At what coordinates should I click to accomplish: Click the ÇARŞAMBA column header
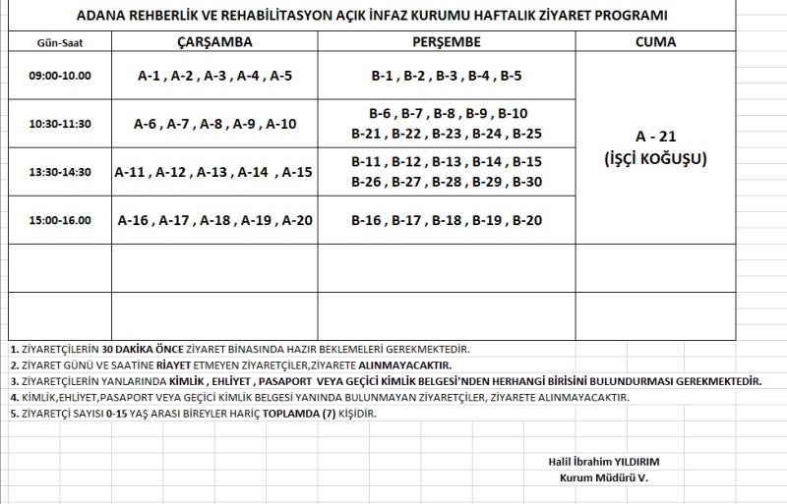[214, 42]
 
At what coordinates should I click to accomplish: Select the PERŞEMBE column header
[446, 42]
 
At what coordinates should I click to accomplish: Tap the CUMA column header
[655, 42]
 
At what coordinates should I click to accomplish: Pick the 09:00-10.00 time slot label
[59, 76]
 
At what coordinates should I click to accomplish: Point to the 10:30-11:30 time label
[59, 124]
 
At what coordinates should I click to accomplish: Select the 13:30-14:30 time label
[59, 172]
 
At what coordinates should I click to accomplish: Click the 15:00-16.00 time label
[59, 220]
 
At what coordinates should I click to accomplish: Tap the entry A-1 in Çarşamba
[151, 76]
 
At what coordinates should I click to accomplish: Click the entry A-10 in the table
[281, 124]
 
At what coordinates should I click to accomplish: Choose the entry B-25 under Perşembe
[527, 134]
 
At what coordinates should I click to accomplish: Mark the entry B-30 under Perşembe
[527, 182]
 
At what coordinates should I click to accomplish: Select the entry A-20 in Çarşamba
[297, 220]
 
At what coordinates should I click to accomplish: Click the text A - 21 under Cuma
[656, 138]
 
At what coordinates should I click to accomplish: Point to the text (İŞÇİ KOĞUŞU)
[656, 158]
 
